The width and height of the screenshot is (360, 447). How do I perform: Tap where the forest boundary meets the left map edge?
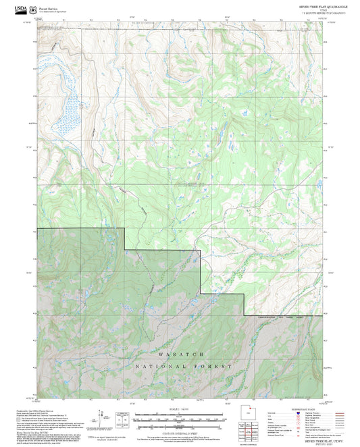(x=38, y=229)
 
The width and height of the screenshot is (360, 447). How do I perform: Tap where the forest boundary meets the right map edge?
(x=322, y=315)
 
